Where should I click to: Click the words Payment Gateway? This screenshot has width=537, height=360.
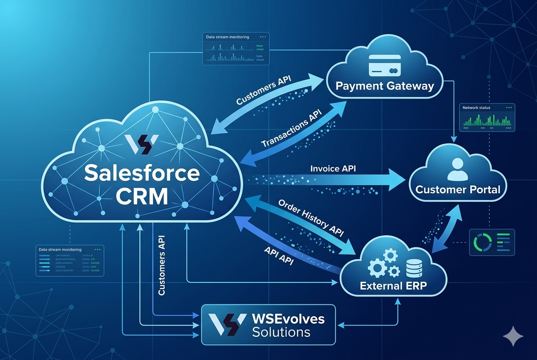(x=384, y=86)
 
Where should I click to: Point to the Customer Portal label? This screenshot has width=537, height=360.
(x=458, y=189)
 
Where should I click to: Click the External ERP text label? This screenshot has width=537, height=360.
(x=393, y=286)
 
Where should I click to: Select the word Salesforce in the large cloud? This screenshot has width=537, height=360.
(x=141, y=173)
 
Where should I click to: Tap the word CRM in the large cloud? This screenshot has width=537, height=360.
(x=141, y=196)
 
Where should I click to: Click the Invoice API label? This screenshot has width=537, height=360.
(x=333, y=169)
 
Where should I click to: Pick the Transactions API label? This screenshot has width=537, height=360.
(x=291, y=128)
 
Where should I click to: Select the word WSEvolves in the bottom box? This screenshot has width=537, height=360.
(x=288, y=318)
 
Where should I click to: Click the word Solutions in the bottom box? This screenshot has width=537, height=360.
(x=281, y=332)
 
